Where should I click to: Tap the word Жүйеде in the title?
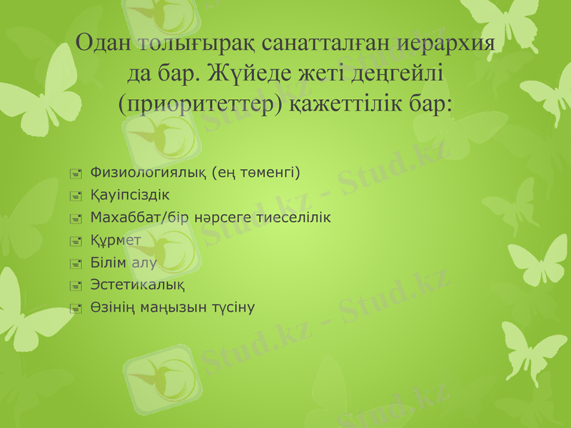238,73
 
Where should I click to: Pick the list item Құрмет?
116,240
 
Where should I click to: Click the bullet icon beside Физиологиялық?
76,173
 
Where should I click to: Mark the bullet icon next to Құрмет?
76,240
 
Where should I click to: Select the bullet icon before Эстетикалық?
76,286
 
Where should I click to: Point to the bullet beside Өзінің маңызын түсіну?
76,308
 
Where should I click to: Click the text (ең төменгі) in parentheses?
257,172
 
